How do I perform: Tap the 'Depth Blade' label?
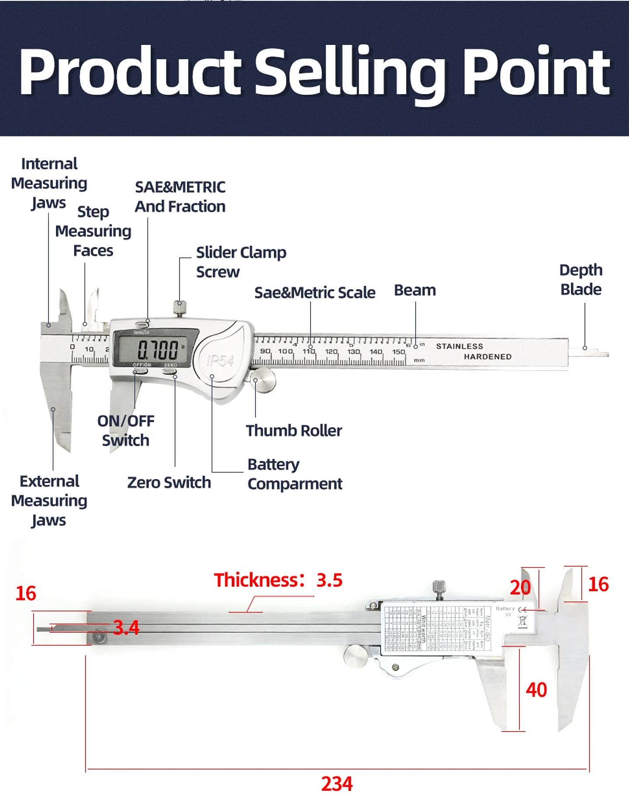tap(581, 280)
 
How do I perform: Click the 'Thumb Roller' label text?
tap(294, 431)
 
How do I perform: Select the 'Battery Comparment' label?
tap(294, 474)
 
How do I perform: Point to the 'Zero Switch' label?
tap(169, 483)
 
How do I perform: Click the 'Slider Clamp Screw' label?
tap(241, 262)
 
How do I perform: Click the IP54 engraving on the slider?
tap(221, 360)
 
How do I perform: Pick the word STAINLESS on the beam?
tap(460, 346)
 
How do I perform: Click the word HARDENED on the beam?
tap(487, 357)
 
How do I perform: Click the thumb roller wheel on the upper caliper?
tap(263, 380)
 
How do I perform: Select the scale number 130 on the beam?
tap(353, 352)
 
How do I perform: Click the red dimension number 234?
tap(337, 784)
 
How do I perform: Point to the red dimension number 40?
tap(536, 690)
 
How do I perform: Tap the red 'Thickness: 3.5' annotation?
tap(278, 580)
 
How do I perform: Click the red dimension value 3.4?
tap(126, 628)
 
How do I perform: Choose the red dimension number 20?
tap(520, 587)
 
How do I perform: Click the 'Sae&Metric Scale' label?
tap(314, 292)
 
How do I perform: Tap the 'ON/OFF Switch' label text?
tap(126, 431)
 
